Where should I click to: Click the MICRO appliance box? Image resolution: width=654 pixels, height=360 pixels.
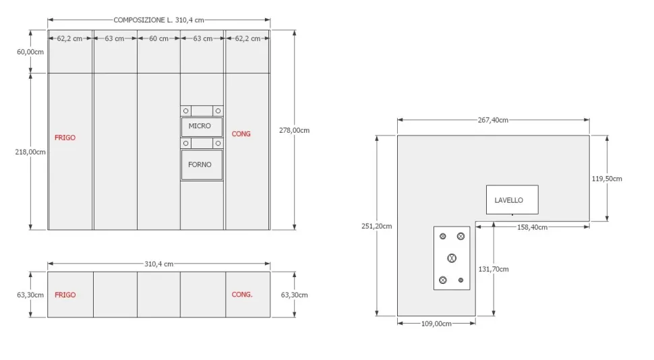[202, 127]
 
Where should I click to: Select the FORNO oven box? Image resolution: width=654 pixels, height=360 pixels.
[202, 165]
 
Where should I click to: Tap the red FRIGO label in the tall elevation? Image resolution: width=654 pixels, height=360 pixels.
[65, 138]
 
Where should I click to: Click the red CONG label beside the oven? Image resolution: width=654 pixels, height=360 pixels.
[241, 134]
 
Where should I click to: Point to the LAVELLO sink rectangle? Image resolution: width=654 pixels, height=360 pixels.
[512, 200]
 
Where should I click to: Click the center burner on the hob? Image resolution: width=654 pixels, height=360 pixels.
[451, 258]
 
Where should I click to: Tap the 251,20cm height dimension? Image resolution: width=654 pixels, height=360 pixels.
[377, 226]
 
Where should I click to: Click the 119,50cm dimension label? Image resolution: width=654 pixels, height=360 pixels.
[607, 179]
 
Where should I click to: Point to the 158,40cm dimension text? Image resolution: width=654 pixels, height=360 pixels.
[532, 227]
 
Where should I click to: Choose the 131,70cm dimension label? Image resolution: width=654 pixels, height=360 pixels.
[494, 269]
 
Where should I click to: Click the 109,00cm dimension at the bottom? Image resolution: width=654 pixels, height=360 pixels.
[436, 324]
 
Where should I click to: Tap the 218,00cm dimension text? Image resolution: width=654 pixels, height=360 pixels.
[30, 152]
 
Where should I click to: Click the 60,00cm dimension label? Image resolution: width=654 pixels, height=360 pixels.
[30, 51]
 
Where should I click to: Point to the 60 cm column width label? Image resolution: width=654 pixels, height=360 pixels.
[158, 38]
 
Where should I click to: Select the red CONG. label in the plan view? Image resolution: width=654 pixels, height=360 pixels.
[242, 295]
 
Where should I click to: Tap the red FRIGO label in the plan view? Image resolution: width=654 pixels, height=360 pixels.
[65, 295]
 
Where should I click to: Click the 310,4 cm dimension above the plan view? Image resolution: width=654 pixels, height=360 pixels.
[158, 264]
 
